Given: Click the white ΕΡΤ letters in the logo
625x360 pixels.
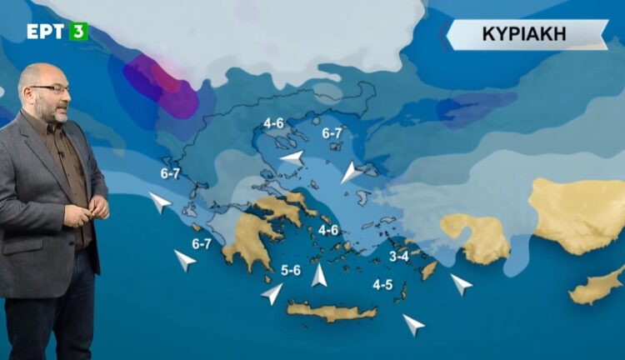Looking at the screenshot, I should (x=46, y=32).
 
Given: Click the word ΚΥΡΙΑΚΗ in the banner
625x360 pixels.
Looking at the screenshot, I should (x=524, y=35).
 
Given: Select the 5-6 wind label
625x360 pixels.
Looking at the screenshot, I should (x=292, y=269).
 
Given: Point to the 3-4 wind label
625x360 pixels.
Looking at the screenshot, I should (x=399, y=257).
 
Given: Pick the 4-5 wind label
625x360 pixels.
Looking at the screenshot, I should (x=382, y=285).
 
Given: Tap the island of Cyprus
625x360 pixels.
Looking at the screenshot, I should (x=597, y=286).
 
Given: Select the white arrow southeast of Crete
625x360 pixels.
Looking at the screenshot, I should (x=412, y=324).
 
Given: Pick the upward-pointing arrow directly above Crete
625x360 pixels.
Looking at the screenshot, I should (x=319, y=275).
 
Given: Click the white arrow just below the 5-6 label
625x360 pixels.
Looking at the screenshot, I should (x=272, y=293).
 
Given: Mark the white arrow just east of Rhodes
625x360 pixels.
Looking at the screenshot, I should (x=461, y=284).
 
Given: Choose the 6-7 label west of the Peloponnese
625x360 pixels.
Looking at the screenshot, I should (x=202, y=244).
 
